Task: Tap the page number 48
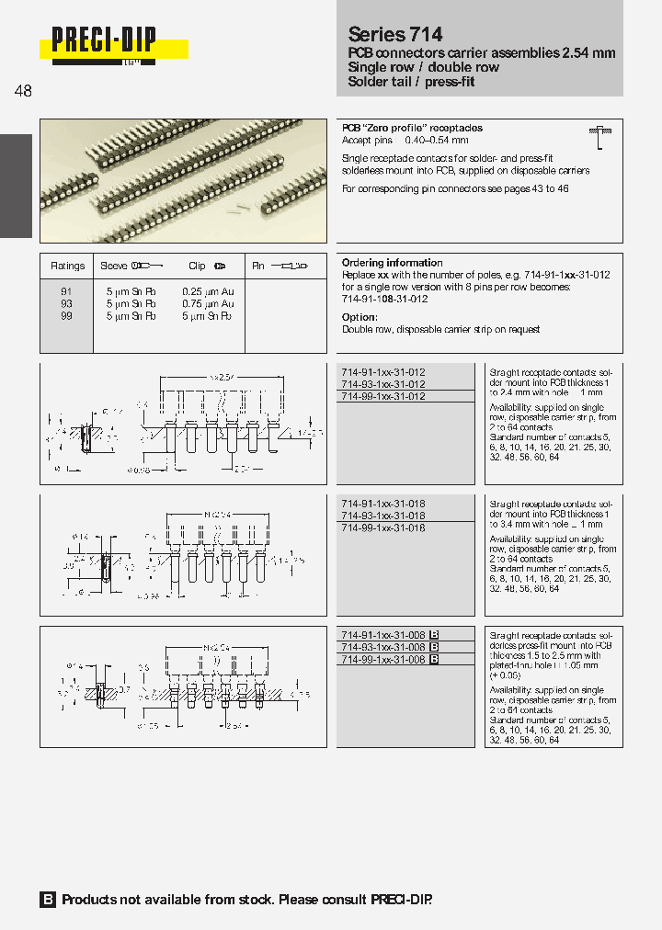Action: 23,91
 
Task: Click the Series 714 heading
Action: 395,34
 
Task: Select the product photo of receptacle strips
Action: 183,181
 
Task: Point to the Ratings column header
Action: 67,266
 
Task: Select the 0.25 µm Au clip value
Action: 209,291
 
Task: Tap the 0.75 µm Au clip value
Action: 209,303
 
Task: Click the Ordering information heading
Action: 393,263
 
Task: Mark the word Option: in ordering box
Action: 360,317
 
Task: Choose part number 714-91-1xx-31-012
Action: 383,372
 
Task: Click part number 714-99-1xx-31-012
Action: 383,396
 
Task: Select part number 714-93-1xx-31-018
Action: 383,516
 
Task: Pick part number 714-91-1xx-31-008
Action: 383,635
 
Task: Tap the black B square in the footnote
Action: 48,900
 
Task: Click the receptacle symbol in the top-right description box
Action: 599,138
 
